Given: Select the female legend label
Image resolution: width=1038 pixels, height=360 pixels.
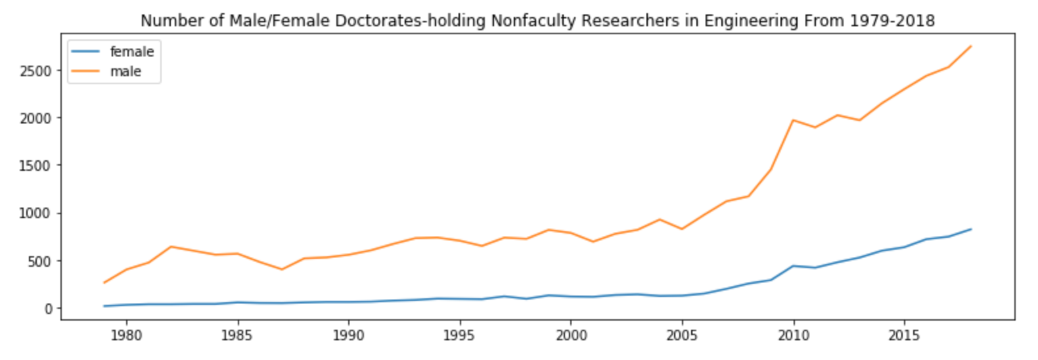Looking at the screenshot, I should (131, 51).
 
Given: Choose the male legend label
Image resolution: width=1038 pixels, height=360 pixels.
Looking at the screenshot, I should (125, 71).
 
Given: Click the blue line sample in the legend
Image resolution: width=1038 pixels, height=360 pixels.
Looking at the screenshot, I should (85, 51).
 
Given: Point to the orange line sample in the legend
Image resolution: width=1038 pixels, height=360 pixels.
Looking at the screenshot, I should (85, 71).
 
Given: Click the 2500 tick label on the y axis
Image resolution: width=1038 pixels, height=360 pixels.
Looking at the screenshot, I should (35, 71).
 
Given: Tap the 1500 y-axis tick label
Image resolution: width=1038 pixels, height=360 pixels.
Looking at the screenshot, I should (35, 166).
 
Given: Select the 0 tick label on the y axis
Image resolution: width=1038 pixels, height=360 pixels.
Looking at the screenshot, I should (48, 309).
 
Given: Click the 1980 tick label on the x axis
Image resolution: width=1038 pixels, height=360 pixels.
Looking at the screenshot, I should (126, 336).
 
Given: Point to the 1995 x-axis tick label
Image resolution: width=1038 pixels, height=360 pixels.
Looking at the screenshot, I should (459, 336).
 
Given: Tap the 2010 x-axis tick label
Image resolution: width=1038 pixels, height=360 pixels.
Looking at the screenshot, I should (793, 336).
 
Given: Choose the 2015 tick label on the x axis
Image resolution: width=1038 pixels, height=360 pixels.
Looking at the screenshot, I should (904, 336).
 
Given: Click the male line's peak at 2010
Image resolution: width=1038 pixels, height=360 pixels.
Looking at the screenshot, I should (793, 120).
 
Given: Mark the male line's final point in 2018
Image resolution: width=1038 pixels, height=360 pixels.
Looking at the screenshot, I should (970, 46).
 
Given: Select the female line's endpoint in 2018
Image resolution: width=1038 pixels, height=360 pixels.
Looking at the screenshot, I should (970, 229).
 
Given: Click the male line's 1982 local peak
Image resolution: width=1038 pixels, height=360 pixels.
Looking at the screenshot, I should (171, 247).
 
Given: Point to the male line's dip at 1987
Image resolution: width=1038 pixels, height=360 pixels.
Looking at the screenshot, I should (282, 269).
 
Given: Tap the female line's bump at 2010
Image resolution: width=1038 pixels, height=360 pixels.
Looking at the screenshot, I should (793, 266).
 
